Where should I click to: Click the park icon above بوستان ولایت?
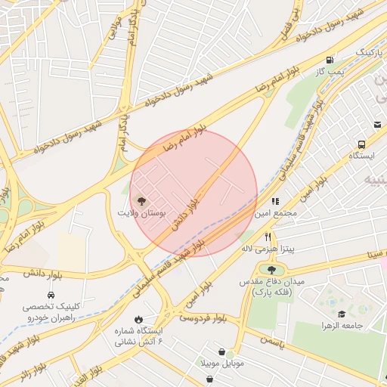coord(141,201)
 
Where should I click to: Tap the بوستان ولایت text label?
coord(140,214)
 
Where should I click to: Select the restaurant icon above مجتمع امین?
coord(275,202)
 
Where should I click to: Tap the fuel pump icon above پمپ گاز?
coord(330,60)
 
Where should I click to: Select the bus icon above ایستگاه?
coord(361,144)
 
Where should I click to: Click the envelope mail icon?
coord(376,125)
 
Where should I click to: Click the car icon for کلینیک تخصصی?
coord(51,294)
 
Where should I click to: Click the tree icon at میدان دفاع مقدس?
coord(271,268)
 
